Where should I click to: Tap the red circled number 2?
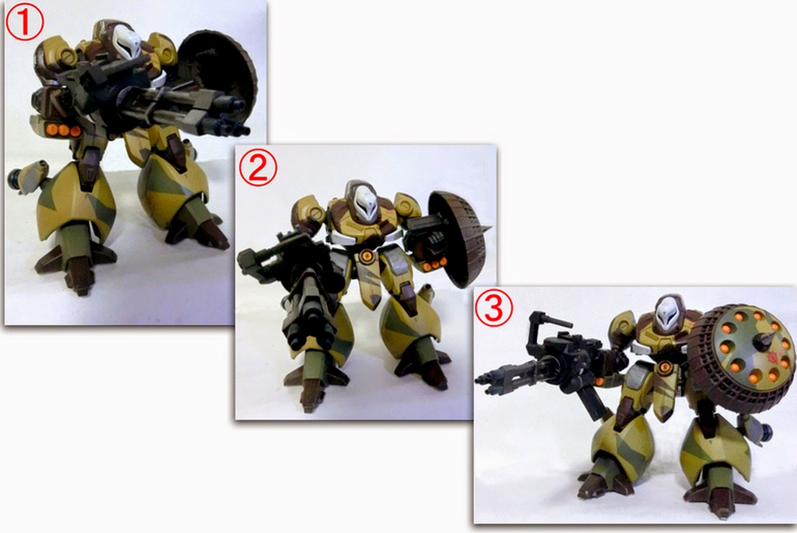tap(257, 166)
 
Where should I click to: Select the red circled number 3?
tap(494, 308)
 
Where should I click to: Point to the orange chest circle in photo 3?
tap(664, 367)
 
